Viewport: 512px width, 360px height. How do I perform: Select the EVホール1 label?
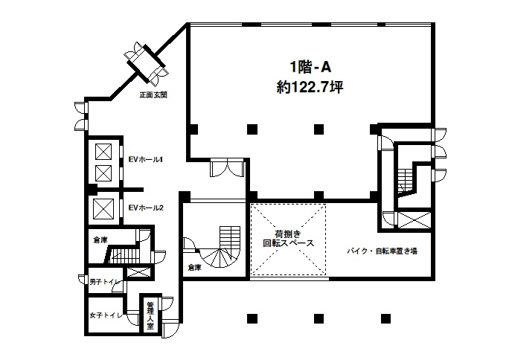tap(146, 159)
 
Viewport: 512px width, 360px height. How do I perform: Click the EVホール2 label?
tap(146, 208)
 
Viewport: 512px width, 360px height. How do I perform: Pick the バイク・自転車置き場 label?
tap(382, 251)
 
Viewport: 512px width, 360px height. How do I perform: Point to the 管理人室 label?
tap(150, 315)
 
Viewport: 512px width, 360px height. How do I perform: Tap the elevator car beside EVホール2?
tap(103, 208)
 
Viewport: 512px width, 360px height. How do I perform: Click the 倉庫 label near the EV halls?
tap(100, 240)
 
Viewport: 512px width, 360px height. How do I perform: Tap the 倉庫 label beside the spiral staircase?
tap(195, 266)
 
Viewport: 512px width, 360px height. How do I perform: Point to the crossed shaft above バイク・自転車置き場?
tap(414, 220)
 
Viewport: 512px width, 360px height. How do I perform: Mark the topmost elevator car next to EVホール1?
tap(103, 152)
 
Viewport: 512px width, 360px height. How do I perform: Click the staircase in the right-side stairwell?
tap(404, 179)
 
